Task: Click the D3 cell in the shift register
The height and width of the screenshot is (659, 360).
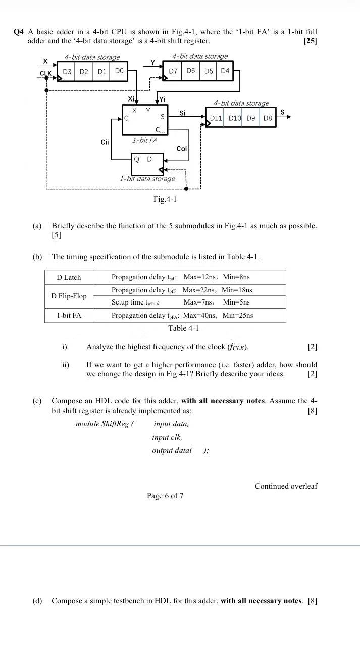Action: (x=67, y=72)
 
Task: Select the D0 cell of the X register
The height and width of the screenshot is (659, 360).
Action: (x=119, y=71)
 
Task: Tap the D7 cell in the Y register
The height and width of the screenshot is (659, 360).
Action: (x=173, y=71)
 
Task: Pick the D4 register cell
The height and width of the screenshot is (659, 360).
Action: (x=225, y=71)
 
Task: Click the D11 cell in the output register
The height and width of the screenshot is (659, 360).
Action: (x=216, y=118)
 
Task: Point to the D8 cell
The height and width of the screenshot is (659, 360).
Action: (x=268, y=118)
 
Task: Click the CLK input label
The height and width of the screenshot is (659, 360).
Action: (x=46, y=74)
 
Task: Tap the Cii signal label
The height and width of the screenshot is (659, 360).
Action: (x=105, y=142)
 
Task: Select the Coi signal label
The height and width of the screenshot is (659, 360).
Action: (x=182, y=149)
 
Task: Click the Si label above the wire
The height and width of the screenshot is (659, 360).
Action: (x=183, y=113)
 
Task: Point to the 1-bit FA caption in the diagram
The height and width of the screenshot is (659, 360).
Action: (x=145, y=140)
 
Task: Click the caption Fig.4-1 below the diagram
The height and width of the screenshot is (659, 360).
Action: (x=165, y=199)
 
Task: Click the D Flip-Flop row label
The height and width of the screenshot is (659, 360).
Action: (x=69, y=296)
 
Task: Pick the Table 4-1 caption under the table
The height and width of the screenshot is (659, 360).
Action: (x=183, y=328)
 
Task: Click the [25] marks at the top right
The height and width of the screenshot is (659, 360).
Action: (x=310, y=41)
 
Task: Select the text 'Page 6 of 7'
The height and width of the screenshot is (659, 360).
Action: (x=165, y=496)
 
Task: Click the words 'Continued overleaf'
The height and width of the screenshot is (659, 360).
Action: (x=286, y=486)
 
